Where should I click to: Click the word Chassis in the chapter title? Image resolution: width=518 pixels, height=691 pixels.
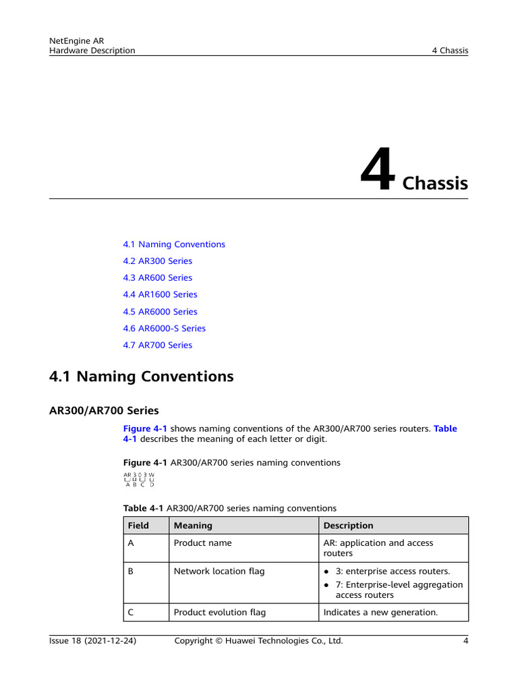point(435,184)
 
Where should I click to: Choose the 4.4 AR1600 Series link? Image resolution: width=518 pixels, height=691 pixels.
point(160,295)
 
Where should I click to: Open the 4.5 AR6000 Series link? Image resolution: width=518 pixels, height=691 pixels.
point(160,312)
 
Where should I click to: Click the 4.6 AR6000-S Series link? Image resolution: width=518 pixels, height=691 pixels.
point(164,329)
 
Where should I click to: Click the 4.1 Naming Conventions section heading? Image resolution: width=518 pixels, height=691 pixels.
point(142,377)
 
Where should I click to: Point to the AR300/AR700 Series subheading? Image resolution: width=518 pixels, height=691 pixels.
point(104,410)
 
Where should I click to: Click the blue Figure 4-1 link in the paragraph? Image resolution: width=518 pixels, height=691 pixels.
point(145,429)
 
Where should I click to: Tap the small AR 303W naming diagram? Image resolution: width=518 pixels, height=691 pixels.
point(139,479)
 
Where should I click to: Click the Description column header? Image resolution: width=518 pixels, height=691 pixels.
point(348,526)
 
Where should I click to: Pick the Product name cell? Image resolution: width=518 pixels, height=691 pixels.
point(202,543)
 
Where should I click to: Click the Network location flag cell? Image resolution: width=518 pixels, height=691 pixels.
point(219,572)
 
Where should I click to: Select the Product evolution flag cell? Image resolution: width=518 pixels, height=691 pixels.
point(219,613)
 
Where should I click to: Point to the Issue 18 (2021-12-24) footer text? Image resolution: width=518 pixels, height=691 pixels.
point(93,641)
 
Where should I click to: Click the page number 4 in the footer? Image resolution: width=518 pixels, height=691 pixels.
point(465,641)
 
